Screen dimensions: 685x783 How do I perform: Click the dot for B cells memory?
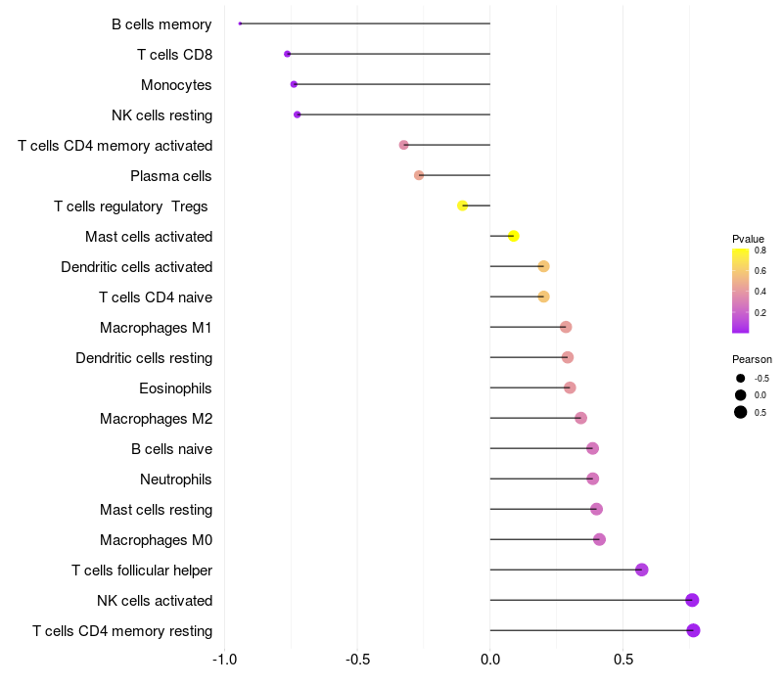[x=240, y=23]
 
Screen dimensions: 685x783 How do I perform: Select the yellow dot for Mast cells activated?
[x=513, y=236]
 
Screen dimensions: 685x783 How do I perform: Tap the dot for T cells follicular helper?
[x=642, y=570]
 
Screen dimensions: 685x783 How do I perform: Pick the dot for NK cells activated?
[x=692, y=600]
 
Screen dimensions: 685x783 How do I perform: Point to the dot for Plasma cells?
[x=419, y=175]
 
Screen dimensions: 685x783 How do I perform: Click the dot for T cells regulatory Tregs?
[x=463, y=205]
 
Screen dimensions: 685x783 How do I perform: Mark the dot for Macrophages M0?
[x=599, y=539]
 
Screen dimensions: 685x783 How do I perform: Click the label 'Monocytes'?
[x=176, y=85]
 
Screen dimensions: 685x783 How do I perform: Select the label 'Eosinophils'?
[x=175, y=388]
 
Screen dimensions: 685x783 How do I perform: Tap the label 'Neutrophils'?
[x=176, y=479]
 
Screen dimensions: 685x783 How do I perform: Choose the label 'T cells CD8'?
[x=174, y=55]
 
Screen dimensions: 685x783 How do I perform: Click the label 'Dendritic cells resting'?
[x=144, y=358]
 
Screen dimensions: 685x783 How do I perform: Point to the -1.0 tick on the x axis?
[x=225, y=659]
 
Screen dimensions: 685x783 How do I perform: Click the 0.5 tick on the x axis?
[x=623, y=659]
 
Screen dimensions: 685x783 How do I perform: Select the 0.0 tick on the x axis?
[x=490, y=659]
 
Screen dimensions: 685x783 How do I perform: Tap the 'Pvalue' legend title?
[x=748, y=239]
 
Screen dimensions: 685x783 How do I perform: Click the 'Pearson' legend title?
[x=752, y=359]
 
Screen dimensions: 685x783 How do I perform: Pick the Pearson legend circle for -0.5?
[x=741, y=378]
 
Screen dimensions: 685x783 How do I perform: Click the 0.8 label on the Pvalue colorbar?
[x=760, y=251]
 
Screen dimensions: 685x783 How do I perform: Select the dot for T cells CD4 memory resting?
[x=693, y=630]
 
